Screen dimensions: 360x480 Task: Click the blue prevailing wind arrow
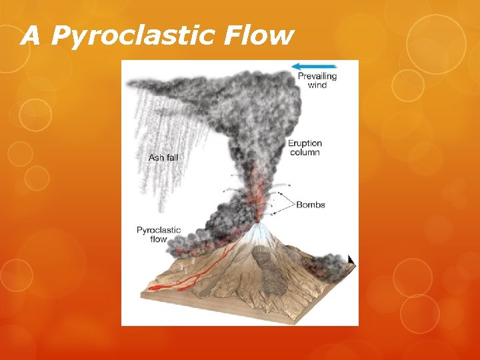tap(314, 66)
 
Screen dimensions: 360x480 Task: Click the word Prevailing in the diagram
tap(317, 76)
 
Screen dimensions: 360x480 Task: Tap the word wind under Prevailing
tap(317, 85)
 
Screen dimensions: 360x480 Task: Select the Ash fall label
tap(163, 158)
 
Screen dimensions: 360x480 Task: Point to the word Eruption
tap(305, 143)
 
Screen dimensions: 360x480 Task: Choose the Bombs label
tap(310, 204)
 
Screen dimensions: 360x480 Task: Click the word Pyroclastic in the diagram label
tap(159, 230)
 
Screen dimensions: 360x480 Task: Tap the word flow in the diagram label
tap(158, 239)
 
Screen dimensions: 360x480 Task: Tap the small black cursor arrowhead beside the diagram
tap(351, 259)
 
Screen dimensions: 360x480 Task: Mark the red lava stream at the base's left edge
tap(157, 288)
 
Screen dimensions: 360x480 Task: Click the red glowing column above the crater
tap(257, 193)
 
